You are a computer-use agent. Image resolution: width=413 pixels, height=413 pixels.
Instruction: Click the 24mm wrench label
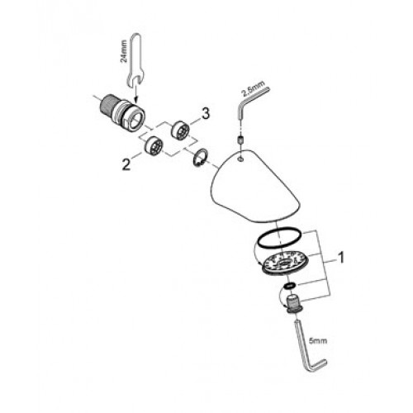coord(124,51)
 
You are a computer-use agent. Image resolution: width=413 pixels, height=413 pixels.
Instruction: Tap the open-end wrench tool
coord(135,59)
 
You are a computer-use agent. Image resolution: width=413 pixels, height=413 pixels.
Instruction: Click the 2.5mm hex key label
coord(253,88)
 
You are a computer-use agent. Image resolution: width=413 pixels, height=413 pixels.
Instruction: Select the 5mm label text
coord(318,340)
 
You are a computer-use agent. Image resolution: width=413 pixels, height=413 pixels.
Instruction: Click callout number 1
coord(341,258)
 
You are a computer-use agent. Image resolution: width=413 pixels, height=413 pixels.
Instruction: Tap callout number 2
coord(126,164)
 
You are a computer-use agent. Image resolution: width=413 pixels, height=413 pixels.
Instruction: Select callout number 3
coord(206,113)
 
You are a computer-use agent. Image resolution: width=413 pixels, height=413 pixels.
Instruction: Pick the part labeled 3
coord(180,129)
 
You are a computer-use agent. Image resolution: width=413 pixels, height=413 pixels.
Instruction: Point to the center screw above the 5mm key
coord(293,305)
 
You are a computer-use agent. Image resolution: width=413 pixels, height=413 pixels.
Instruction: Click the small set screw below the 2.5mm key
coord(240,140)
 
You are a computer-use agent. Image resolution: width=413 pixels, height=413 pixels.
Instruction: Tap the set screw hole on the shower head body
coord(241,159)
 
